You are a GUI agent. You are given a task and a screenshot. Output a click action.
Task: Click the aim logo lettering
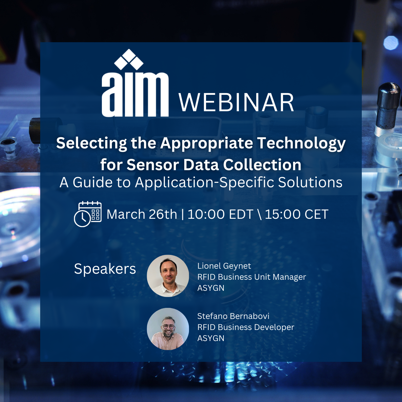click(x=135, y=94)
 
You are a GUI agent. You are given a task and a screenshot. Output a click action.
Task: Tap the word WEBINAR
click(x=236, y=103)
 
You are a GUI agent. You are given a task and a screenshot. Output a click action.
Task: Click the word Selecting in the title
click(x=91, y=144)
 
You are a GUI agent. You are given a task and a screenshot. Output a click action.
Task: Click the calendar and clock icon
click(x=88, y=214)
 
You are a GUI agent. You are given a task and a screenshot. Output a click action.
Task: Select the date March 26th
click(x=142, y=214)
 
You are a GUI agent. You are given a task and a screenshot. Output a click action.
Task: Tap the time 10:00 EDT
click(x=220, y=214)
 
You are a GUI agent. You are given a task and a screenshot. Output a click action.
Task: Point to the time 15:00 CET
click(x=297, y=214)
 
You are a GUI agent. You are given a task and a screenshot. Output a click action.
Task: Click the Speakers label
click(x=105, y=269)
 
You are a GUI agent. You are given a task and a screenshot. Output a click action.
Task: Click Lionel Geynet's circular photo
click(x=168, y=276)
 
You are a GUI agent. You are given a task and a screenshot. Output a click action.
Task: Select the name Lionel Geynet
click(x=224, y=266)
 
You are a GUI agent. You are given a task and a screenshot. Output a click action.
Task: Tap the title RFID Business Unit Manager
click(x=252, y=277)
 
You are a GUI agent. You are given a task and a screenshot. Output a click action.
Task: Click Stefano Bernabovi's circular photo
click(x=168, y=329)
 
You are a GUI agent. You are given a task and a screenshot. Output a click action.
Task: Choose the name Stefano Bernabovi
click(x=233, y=316)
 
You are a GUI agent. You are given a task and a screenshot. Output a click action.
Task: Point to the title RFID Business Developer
click(x=246, y=327)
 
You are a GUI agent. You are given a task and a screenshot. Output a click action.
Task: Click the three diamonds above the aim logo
click(x=129, y=59)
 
